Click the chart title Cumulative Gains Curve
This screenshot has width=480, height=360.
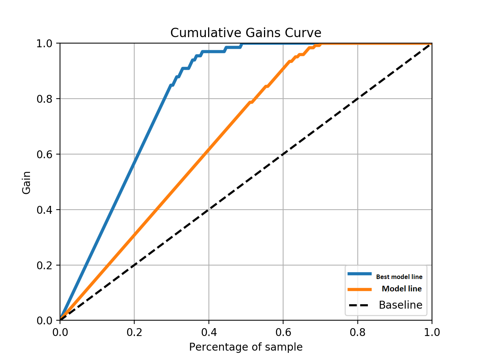[x=246, y=33]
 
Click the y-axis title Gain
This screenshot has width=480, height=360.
[x=26, y=183]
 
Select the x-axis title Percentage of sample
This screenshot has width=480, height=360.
[x=246, y=347]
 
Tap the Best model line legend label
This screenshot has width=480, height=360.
[x=399, y=277]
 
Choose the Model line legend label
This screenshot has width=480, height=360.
[x=402, y=289]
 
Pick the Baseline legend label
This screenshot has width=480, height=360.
[x=400, y=305]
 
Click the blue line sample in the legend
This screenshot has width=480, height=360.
[x=359, y=274]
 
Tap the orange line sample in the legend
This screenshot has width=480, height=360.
[x=359, y=289]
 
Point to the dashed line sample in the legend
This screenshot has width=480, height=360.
[x=359, y=305]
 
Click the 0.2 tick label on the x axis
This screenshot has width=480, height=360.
[x=134, y=332]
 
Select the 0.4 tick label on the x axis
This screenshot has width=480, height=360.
[x=208, y=332]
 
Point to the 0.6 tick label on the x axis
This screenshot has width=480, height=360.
[x=283, y=332]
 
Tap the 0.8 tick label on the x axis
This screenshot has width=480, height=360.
[x=357, y=332]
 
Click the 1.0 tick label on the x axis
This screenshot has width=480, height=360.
[x=432, y=332]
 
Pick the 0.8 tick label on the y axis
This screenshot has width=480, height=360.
[x=44, y=99]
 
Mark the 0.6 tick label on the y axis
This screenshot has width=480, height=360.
[x=44, y=154]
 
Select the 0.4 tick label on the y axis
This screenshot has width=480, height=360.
[x=44, y=210]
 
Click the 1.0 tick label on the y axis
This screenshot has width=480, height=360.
[x=44, y=43]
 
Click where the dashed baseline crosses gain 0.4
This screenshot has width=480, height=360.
[x=208, y=210]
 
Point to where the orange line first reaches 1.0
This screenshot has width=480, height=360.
[x=322, y=43]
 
